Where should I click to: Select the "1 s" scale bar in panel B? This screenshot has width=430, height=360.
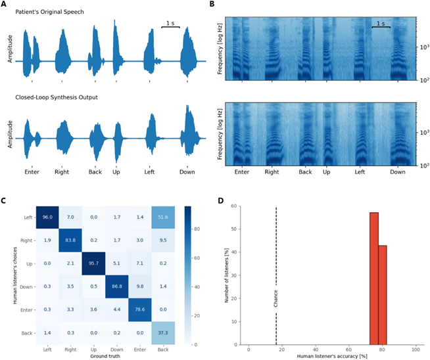(379, 24)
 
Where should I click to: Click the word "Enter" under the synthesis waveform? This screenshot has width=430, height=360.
(33, 172)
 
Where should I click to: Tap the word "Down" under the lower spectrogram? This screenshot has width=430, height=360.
(397, 172)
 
